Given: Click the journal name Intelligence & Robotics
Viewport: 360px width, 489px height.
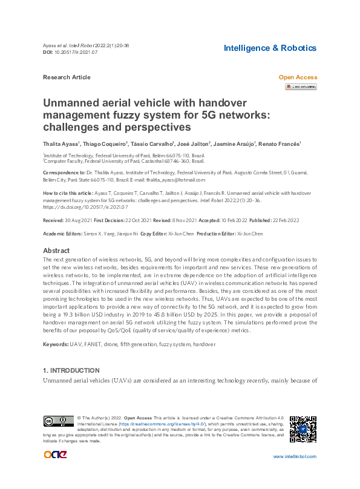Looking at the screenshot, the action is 270,48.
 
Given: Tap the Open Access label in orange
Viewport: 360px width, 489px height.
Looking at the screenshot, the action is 298,77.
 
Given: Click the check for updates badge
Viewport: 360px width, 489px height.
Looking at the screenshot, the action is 301,87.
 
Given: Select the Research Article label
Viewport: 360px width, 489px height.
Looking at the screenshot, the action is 67,77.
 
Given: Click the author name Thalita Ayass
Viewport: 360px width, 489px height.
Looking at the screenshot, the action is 61,144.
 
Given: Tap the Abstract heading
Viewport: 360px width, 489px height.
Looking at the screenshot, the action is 57,251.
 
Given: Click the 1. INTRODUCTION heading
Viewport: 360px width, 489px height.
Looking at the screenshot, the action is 71,370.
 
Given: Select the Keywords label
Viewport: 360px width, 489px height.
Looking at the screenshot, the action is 55,344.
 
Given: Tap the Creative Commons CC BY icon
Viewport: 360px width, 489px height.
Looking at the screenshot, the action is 58,421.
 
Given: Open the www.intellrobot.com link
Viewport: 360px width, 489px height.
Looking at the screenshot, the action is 295,456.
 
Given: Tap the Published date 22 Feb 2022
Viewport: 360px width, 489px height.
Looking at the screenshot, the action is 302,221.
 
